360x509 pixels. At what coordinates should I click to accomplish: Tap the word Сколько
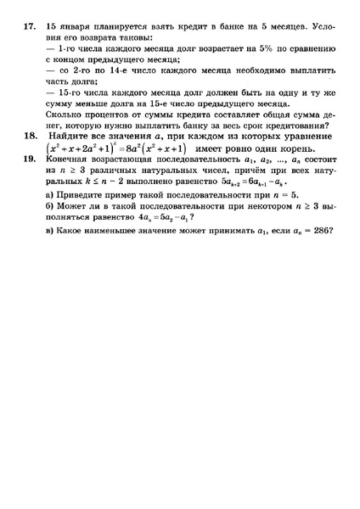coord(64,111)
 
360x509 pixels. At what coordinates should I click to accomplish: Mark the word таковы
coord(134,39)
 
